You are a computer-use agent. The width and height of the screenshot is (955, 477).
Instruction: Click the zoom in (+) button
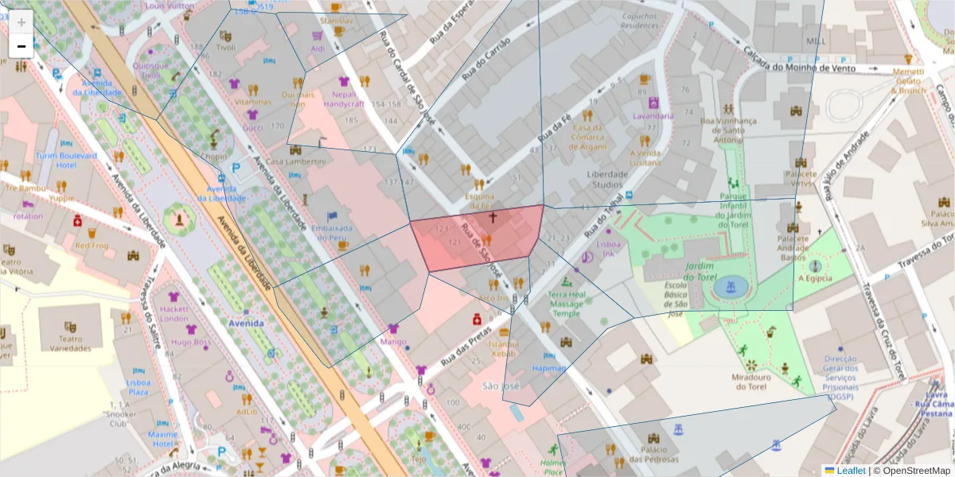point(21,22)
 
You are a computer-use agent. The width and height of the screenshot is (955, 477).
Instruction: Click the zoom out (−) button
point(21,46)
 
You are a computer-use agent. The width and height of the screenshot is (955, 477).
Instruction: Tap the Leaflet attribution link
point(851,471)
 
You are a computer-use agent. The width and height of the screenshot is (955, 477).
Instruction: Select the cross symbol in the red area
point(493,216)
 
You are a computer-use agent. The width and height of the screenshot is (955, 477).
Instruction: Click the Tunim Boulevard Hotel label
point(65,161)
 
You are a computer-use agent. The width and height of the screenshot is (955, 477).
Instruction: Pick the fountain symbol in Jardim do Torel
point(725,287)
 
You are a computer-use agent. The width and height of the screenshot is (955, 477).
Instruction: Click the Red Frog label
point(92,246)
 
